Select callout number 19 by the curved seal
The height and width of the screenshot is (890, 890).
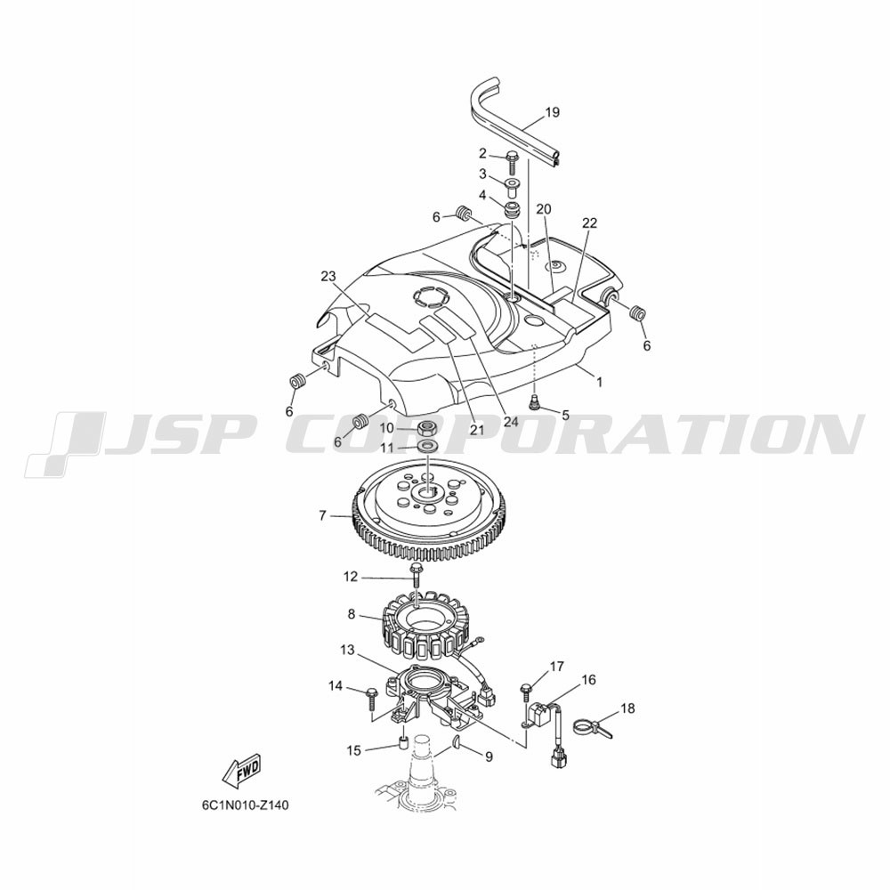552,112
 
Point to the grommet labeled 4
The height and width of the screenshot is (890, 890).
513,208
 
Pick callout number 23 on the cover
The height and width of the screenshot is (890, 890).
328,277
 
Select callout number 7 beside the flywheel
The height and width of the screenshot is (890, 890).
322,516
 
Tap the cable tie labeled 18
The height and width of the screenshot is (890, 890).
592,727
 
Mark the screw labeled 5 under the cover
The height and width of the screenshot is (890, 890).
534,402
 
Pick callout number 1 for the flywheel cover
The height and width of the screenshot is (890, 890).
599,382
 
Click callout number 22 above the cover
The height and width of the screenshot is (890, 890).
590,223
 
